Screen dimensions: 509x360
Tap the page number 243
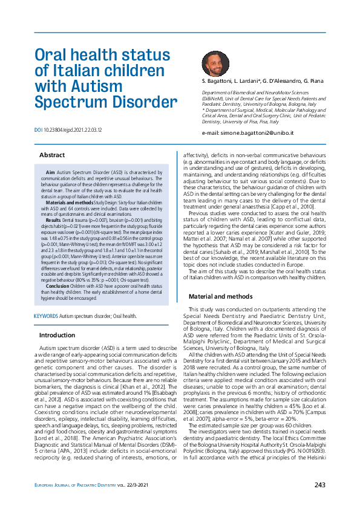(x=320, y=485)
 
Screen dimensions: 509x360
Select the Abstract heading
(x=51, y=155)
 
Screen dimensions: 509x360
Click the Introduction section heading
(x=57, y=335)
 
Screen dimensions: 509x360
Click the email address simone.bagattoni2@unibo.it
(x=252, y=131)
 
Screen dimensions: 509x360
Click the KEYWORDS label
(x=45, y=316)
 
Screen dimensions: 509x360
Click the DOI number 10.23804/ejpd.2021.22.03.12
(x=73, y=130)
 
